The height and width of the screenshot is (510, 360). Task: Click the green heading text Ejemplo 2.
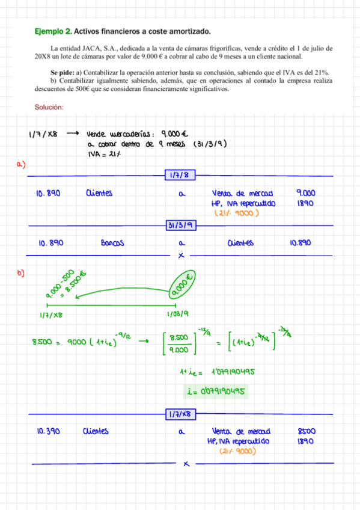[53, 30]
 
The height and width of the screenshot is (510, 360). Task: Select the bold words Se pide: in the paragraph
[63, 72]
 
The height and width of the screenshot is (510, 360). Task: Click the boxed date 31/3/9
[180, 225]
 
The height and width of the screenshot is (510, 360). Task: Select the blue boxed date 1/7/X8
[180, 414]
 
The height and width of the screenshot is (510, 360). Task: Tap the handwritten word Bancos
[112, 244]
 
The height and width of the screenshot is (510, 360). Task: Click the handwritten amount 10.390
[47, 431]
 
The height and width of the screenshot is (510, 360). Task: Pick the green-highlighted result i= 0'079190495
[217, 392]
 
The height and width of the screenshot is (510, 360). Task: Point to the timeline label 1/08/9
[178, 314]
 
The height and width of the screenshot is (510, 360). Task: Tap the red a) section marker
[21, 164]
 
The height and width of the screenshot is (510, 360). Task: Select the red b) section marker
[21, 274]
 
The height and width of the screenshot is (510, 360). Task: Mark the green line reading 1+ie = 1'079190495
[217, 371]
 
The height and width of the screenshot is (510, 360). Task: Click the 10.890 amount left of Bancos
[51, 244]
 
